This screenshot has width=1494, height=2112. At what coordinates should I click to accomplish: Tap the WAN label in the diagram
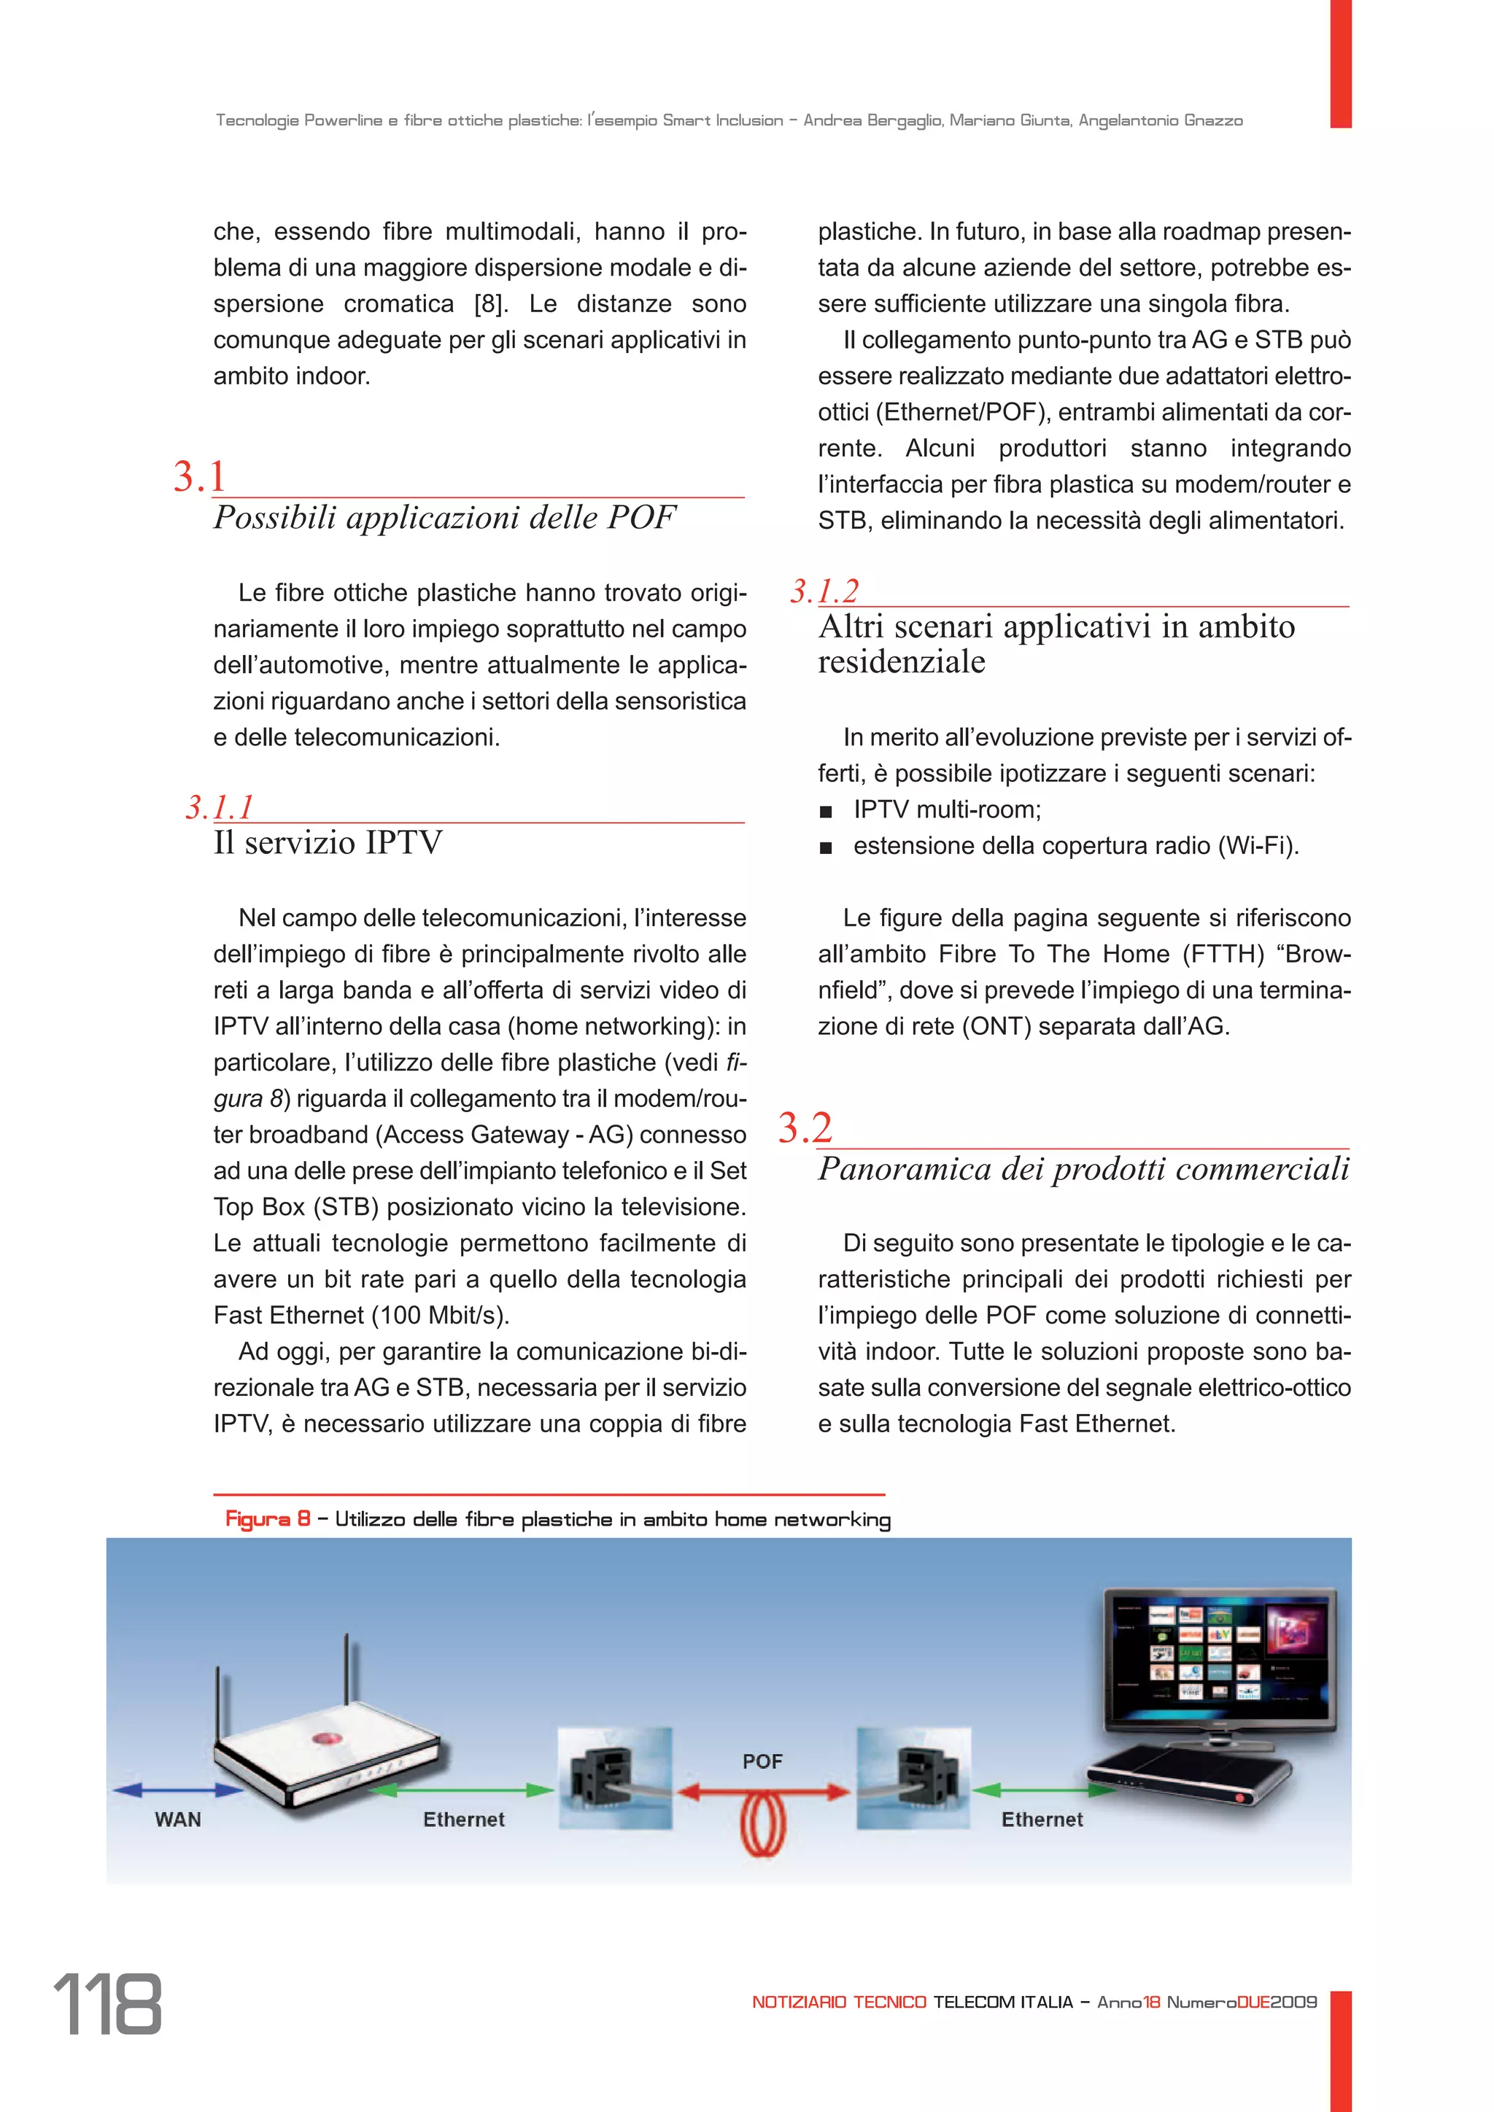click(177, 1820)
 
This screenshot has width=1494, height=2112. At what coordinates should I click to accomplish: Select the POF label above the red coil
click(762, 1761)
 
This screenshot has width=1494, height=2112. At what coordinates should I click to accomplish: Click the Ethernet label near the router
click(464, 1820)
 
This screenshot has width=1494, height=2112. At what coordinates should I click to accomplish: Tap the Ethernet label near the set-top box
click(1042, 1820)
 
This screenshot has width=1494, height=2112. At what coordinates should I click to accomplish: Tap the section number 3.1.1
click(219, 807)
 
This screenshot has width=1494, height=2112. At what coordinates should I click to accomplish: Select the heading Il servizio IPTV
click(328, 842)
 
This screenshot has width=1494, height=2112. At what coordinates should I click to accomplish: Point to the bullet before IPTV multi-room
click(826, 811)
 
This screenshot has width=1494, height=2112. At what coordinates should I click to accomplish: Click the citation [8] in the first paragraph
click(490, 304)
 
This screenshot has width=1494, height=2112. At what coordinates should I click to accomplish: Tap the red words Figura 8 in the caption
click(267, 1520)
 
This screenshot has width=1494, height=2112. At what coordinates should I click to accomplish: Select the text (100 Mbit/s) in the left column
click(440, 1316)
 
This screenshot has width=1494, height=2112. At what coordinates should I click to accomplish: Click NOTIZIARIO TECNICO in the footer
click(839, 2003)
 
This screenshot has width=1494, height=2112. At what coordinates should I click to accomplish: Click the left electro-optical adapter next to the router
click(614, 1777)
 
